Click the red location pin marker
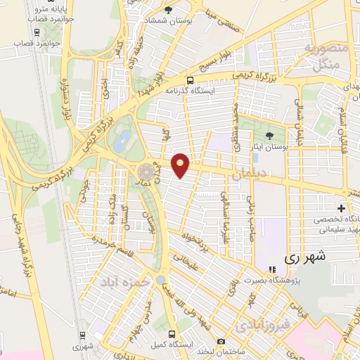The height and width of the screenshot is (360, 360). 181,164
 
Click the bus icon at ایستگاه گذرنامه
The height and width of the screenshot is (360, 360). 191,80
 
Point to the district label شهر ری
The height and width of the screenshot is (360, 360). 307,258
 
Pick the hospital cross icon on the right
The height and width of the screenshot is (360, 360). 341,208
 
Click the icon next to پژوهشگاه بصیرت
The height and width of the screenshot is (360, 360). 271,270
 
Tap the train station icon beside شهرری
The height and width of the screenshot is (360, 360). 83,335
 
